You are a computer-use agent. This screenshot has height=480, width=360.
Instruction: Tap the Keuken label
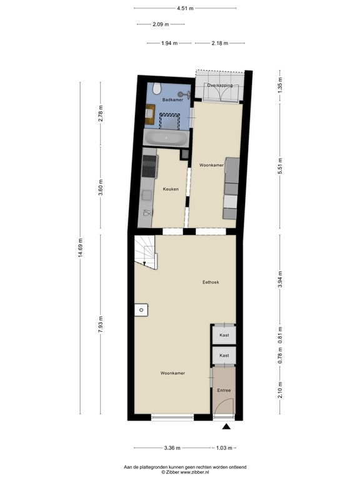[x=171, y=189]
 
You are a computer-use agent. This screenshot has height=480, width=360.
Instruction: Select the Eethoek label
[x=210, y=282]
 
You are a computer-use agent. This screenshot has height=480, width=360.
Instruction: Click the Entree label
[x=224, y=391]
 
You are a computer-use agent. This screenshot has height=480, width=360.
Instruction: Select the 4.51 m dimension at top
[x=185, y=9]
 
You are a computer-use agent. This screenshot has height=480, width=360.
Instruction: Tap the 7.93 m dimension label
[x=101, y=326]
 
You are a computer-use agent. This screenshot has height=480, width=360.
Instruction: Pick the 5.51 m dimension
[x=281, y=163]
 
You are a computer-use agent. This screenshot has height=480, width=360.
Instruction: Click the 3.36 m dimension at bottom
[x=172, y=448]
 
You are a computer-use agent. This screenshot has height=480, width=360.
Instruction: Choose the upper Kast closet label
[x=224, y=336]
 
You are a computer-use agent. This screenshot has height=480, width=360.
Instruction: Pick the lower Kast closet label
[x=224, y=356]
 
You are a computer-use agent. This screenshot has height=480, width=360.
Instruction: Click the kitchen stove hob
[x=150, y=166]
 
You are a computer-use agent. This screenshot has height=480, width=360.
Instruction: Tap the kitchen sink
[x=147, y=212]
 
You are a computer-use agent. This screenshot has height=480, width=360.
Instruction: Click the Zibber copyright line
[x=185, y=472]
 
